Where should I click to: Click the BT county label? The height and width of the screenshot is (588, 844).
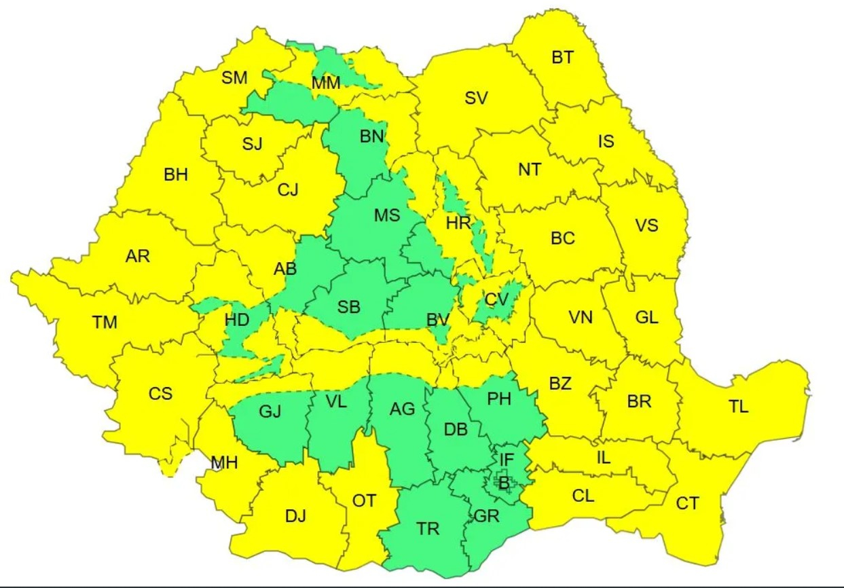[x=562, y=58]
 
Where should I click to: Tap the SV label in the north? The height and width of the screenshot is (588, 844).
[x=476, y=98]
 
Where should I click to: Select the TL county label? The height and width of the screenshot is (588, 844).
[x=739, y=407]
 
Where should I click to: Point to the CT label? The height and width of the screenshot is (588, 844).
[x=687, y=503]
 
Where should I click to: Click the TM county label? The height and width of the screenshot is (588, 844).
[x=105, y=323]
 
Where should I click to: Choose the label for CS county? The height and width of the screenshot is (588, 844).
[x=160, y=393]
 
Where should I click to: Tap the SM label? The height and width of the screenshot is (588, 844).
[x=235, y=77]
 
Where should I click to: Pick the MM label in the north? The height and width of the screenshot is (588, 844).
[x=326, y=83]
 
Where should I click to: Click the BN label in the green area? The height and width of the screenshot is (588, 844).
[x=372, y=136]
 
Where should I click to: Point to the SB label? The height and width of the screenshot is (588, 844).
[x=349, y=307]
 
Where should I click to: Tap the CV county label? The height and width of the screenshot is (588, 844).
[x=496, y=299]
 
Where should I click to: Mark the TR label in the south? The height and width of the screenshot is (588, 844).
[x=428, y=529]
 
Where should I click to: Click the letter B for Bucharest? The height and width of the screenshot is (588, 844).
[x=504, y=483]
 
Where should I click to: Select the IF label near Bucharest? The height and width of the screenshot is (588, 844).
[x=507, y=460]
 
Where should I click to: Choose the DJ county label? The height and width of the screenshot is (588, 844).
[x=295, y=516]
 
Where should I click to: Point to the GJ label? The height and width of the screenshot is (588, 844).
[x=270, y=411]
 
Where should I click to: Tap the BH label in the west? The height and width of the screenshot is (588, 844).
[x=176, y=174]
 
